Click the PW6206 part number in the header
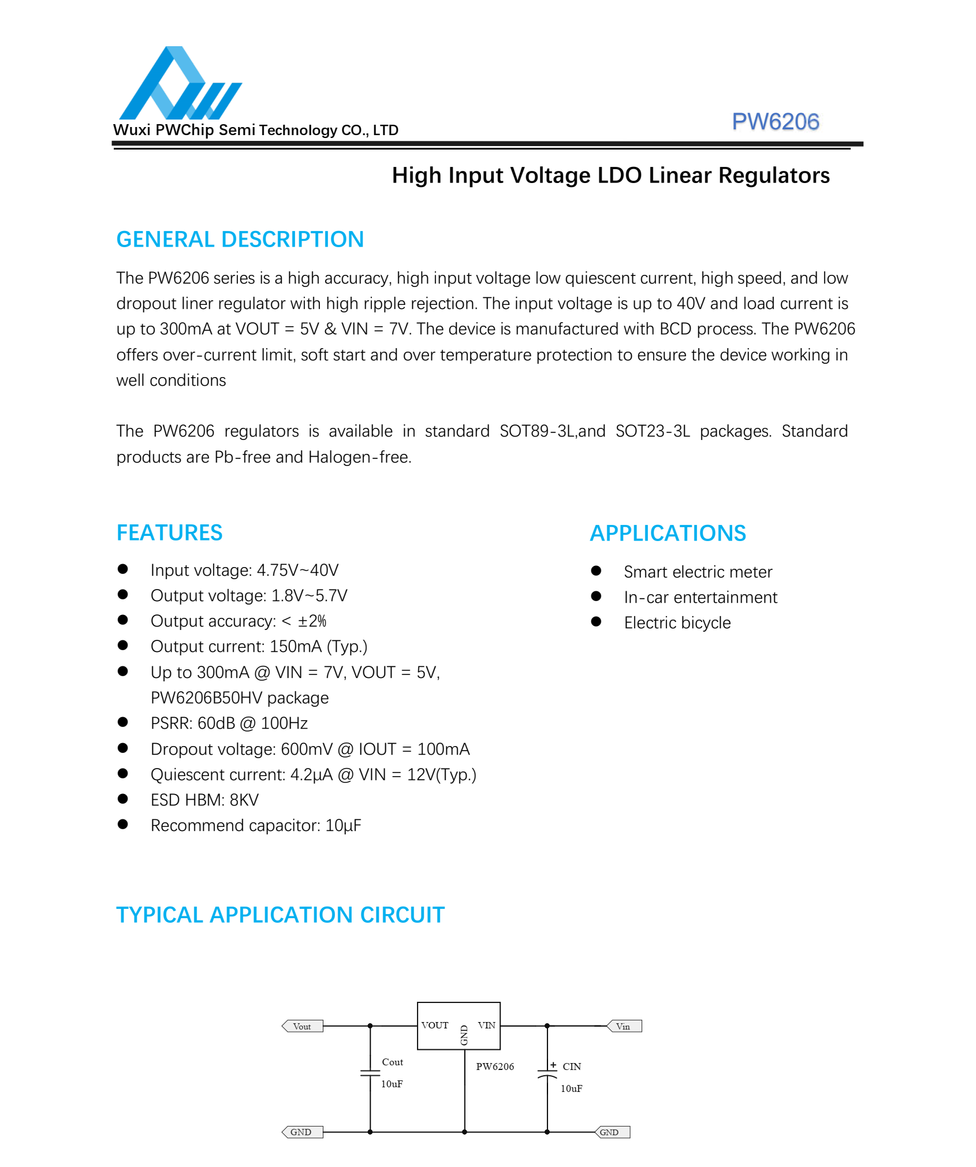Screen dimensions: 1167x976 point(775,122)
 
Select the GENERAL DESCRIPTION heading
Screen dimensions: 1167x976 point(240,240)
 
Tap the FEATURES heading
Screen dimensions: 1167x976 point(169,533)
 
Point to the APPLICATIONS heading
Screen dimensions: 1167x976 point(668,534)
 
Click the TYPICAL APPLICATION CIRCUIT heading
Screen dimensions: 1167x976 point(280,915)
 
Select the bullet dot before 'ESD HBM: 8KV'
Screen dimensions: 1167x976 point(122,799)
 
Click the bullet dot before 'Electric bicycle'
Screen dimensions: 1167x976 point(596,622)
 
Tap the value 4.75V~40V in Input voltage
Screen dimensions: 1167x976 point(297,571)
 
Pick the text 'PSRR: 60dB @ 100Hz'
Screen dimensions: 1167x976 point(229,724)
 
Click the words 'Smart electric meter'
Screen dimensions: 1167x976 point(698,572)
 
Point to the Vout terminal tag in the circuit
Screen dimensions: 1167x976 point(302,1026)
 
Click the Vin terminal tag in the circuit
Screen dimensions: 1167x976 point(624,1026)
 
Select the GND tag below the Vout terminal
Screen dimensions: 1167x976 point(302,1132)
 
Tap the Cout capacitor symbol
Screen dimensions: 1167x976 point(370,1073)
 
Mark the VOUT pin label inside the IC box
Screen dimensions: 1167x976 point(434,1026)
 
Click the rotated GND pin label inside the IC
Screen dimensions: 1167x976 point(464,1035)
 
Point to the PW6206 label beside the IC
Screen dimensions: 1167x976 point(494,1067)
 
